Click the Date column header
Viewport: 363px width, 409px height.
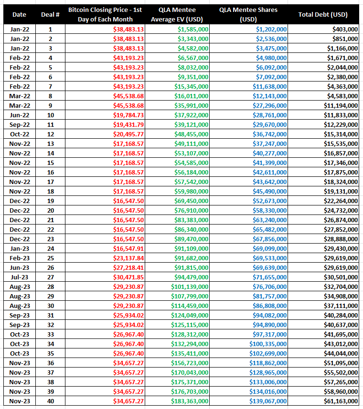click(x=19, y=15)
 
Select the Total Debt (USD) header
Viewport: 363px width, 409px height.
click(x=323, y=15)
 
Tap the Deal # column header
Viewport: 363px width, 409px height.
click(x=50, y=15)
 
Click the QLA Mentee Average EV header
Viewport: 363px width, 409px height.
click(x=177, y=15)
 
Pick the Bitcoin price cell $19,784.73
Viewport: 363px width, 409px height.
click(x=128, y=115)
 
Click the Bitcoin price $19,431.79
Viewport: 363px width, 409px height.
click(x=128, y=125)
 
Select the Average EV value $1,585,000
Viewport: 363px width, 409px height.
click(x=193, y=29)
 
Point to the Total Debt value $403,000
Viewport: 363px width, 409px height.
click(x=345, y=29)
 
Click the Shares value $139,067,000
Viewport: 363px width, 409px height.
click(x=268, y=401)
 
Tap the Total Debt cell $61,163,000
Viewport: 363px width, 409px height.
click(x=341, y=401)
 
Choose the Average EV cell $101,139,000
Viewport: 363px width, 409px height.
click(x=190, y=286)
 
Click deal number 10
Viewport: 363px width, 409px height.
click(x=51, y=115)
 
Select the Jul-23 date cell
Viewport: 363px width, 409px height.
click(x=19, y=277)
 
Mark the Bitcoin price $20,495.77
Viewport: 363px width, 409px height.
click(x=128, y=134)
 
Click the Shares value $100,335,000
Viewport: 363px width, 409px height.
click(x=268, y=344)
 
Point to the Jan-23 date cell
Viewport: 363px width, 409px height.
click(x=19, y=248)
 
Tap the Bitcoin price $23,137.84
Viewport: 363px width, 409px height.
click(x=128, y=258)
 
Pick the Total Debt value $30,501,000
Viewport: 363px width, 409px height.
click(x=341, y=277)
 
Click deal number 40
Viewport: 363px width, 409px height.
click(x=51, y=401)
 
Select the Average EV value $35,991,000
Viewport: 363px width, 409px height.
click(x=192, y=106)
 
